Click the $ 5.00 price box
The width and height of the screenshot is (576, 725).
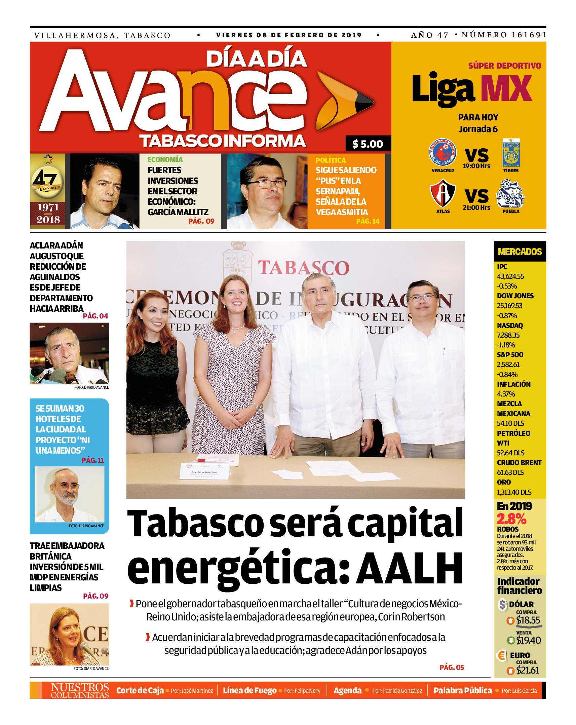(x=368, y=144)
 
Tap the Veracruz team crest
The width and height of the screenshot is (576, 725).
(x=443, y=153)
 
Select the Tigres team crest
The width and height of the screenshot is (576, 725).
(x=511, y=153)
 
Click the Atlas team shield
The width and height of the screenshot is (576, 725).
(x=443, y=193)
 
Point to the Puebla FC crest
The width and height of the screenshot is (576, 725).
(x=510, y=194)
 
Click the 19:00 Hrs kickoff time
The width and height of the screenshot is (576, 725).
(x=476, y=166)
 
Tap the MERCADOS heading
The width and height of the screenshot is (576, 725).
(x=520, y=252)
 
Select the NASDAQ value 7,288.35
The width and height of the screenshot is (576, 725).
(x=508, y=335)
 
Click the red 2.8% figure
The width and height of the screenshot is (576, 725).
(x=511, y=519)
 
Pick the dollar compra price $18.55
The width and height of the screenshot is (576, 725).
(x=528, y=620)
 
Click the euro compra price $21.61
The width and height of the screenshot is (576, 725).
(x=527, y=670)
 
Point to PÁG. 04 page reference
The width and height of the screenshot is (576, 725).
(x=95, y=316)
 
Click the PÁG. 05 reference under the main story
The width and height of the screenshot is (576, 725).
(x=451, y=667)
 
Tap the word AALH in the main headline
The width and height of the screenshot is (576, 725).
(x=410, y=568)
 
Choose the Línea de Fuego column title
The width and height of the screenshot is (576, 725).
(x=249, y=690)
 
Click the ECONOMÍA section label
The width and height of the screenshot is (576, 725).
(x=165, y=160)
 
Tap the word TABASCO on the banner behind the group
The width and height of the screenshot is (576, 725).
(x=303, y=268)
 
